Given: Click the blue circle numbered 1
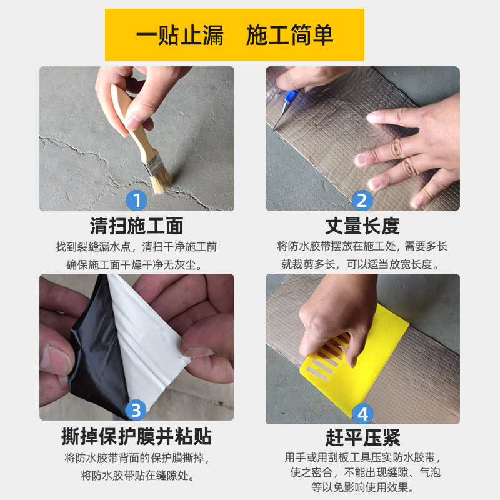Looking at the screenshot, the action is tap(136, 201).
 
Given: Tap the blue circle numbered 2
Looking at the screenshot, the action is tap(362, 201).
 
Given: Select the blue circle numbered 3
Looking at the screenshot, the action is tap(136, 410).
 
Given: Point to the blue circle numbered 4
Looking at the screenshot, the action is tap(362, 414).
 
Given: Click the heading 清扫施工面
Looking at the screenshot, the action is tap(136, 226).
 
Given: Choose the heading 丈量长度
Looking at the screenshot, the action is tap(362, 226).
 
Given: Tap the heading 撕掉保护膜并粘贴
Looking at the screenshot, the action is tap(136, 436).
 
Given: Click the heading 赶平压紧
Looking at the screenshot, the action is tap(362, 437).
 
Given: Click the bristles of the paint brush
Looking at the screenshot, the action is tap(161, 182).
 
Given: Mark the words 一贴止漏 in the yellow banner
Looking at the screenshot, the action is tap(180, 35).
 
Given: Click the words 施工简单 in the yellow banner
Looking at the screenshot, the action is tap(290, 35).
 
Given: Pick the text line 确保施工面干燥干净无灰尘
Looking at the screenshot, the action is tap(134, 265).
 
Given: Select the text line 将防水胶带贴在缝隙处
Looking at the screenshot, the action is tap(137, 476).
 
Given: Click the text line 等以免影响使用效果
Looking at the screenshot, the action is tap(363, 487).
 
